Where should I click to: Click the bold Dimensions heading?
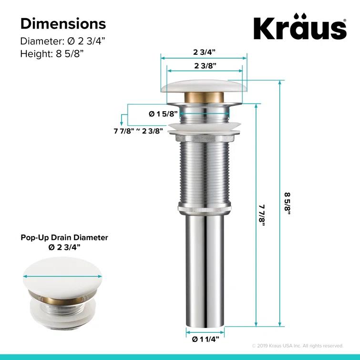(x=63, y=23)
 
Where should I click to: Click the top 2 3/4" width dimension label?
(x=205, y=51)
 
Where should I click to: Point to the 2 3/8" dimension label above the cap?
(x=205, y=65)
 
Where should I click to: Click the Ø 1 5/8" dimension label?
(x=163, y=113)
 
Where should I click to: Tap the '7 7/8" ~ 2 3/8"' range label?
(x=139, y=130)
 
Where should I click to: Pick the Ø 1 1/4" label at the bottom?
(x=205, y=339)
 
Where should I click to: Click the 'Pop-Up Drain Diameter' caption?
(x=64, y=237)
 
